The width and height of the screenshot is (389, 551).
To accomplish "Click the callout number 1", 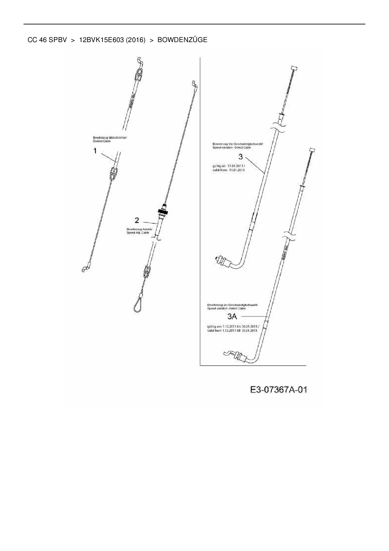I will tap(95, 151).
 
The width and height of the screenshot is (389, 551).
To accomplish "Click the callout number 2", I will tap(137, 220).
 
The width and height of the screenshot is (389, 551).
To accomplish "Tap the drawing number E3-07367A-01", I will tap(279, 390).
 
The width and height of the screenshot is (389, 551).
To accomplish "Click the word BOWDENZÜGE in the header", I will tap(182, 40).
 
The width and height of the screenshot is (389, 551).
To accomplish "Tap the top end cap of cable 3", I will tap(294, 68).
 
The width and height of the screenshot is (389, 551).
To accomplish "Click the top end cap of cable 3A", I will tap(312, 150).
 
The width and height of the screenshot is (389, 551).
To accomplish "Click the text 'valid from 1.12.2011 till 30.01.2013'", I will tap(232, 330).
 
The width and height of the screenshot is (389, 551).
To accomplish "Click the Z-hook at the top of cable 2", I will tap(194, 84).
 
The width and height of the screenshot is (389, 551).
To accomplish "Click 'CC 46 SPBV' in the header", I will tap(47, 40).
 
